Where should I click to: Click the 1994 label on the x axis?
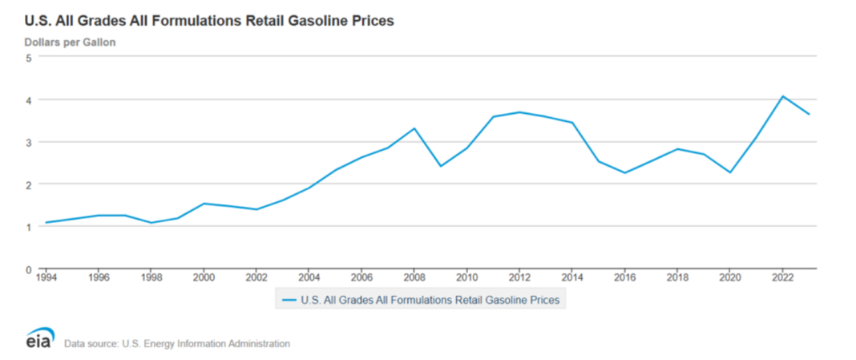pos(46,278)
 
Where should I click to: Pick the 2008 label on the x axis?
pos(414,278)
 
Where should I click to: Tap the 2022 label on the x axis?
pos(781,278)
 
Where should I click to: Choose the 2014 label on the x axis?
pos(571,278)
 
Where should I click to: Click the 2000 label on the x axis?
pos(204,278)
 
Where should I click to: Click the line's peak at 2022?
pos(782,96)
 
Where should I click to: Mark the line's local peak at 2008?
pos(414,128)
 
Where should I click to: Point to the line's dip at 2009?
pos(440,166)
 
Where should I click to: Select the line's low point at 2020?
pos(729,172)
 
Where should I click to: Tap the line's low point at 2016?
pos(624,173)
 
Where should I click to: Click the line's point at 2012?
pos(519,112)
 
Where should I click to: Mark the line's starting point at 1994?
pos(46,223)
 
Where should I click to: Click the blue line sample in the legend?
pos(289,301)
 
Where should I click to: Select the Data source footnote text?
pos(176,343)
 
